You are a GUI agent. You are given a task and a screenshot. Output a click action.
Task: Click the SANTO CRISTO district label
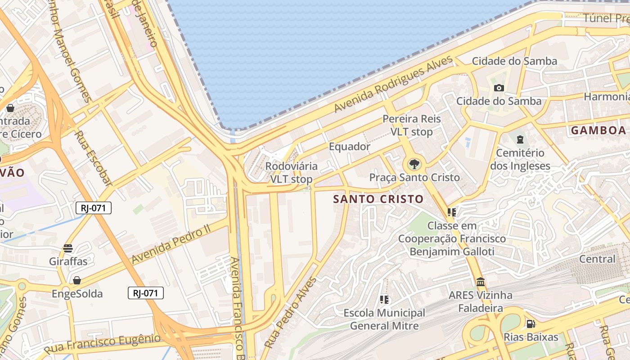pos(378,199)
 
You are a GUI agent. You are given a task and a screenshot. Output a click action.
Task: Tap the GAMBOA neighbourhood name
pos(598,130)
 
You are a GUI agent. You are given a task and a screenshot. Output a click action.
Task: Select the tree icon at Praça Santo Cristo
pos(414,164)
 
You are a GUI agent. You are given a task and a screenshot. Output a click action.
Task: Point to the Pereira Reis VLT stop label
pos(411,126)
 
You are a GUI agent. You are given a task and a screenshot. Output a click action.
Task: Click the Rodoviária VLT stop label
pos(291,173)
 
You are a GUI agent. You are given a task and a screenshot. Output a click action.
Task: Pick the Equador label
pos(349,147)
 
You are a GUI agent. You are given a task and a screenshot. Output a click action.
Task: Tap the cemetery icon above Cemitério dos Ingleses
pos(520,139)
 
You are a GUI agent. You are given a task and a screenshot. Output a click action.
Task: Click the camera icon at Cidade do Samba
pos(499,88)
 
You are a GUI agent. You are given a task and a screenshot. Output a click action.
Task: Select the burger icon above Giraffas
pos(68,248)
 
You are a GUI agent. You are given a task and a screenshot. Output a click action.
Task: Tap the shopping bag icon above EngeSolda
pos(77,280)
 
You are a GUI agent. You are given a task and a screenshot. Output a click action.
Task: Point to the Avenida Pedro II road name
pos(171,243)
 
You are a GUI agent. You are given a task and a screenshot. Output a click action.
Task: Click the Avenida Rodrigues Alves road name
pos(393,84)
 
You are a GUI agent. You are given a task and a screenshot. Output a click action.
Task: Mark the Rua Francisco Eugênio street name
pos(102,343)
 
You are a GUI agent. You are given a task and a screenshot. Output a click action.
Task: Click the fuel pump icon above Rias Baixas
pos(531,324)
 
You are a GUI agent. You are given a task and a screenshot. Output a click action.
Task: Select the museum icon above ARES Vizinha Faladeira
pos(481,282)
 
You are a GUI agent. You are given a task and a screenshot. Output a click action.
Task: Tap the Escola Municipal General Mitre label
pos(384,319)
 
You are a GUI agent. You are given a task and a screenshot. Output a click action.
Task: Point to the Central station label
pos(597,259)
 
